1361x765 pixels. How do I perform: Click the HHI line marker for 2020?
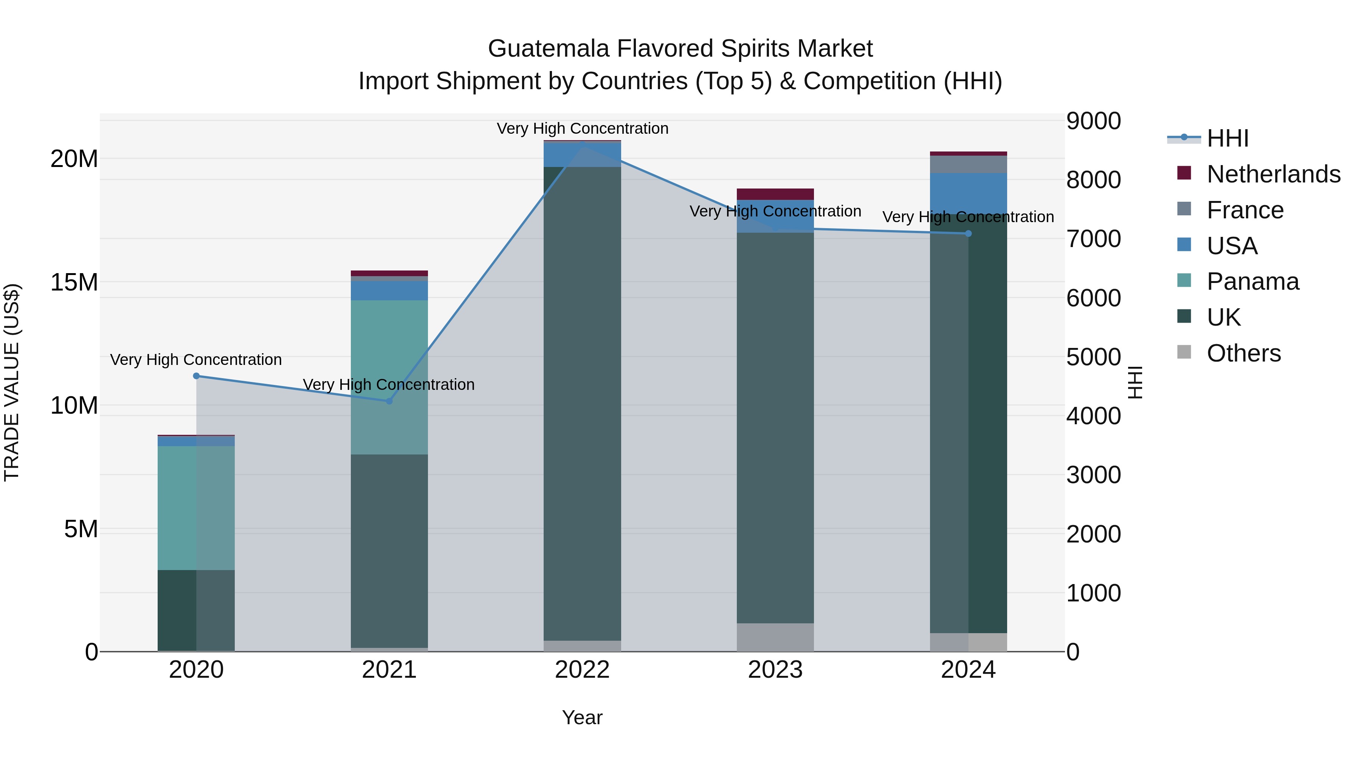point(196,376)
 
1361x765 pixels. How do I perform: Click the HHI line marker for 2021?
point(389,401)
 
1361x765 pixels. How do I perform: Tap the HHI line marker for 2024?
point(969,233)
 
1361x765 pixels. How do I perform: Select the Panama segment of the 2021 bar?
point(389,377)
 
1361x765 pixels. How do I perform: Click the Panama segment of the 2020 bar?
point(196,508)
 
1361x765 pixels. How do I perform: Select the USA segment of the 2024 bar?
point(969,193)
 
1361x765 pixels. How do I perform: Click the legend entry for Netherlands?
point(1273,174)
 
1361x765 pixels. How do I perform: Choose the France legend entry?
point(1245,210)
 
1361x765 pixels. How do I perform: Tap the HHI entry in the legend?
point(1227,138)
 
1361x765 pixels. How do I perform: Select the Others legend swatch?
point(1184,352)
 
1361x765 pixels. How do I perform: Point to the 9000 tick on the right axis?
point(1093,121)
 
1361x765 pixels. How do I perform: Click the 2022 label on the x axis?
point(582,670)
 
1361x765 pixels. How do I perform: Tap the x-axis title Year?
point(582,717)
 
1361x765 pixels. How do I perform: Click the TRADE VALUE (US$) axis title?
point(12,382)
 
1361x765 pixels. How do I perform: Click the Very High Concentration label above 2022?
point(582,128)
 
